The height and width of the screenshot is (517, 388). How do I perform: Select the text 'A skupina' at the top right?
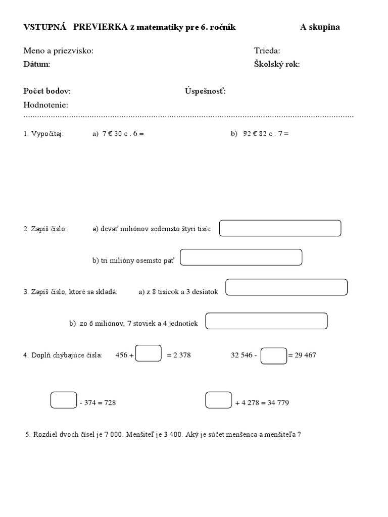(320, 27)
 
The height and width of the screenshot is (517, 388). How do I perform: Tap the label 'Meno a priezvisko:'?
(59, 50)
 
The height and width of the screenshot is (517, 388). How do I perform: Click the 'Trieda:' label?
(267, 50)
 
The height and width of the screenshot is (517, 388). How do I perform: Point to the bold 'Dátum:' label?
(37, 64)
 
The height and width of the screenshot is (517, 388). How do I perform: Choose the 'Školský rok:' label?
(277, 64)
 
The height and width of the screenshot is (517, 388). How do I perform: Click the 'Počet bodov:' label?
(47, 91)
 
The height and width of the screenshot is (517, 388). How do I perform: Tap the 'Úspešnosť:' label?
(205, 91)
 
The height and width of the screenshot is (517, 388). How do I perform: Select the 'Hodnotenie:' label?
(46, 105)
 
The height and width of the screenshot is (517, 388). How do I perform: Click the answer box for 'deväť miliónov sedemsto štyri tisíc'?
(280, 228)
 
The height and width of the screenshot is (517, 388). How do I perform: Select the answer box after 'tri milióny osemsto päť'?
(241, 257)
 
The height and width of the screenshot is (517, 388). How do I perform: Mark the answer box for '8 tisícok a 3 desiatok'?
(286, 287)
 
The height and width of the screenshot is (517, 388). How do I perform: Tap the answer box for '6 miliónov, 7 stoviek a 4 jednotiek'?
(267, 321)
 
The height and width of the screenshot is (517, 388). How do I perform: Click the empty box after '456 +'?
(149, 353)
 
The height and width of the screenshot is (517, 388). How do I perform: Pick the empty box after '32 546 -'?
(274, 355)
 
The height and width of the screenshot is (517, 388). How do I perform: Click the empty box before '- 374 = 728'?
(64, 400)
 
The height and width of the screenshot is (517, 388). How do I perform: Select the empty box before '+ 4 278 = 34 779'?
(219, 400)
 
